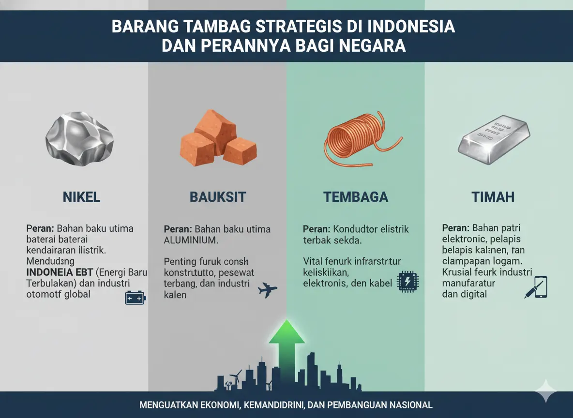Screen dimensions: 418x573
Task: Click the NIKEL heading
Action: [81, 197]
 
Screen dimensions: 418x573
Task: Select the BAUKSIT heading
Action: [217, 197]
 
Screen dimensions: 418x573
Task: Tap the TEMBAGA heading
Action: [355, 197]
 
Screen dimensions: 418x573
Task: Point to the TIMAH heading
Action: [493, 197]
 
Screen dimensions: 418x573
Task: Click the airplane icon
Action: [268, 289]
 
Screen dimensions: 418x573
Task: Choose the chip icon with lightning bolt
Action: [407, 282]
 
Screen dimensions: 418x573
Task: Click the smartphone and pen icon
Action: [536, 287]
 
